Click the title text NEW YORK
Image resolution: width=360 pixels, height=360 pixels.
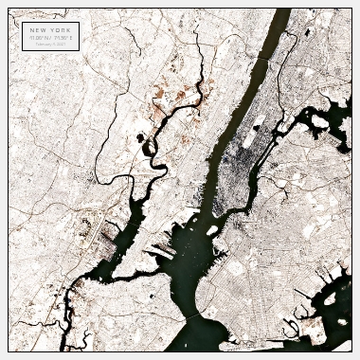point(50,29)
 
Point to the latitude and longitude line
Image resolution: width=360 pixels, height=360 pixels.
point(50,37)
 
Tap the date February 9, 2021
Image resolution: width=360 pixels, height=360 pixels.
point(50,43)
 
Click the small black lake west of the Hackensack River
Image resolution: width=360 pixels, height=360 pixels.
point(140,138)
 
